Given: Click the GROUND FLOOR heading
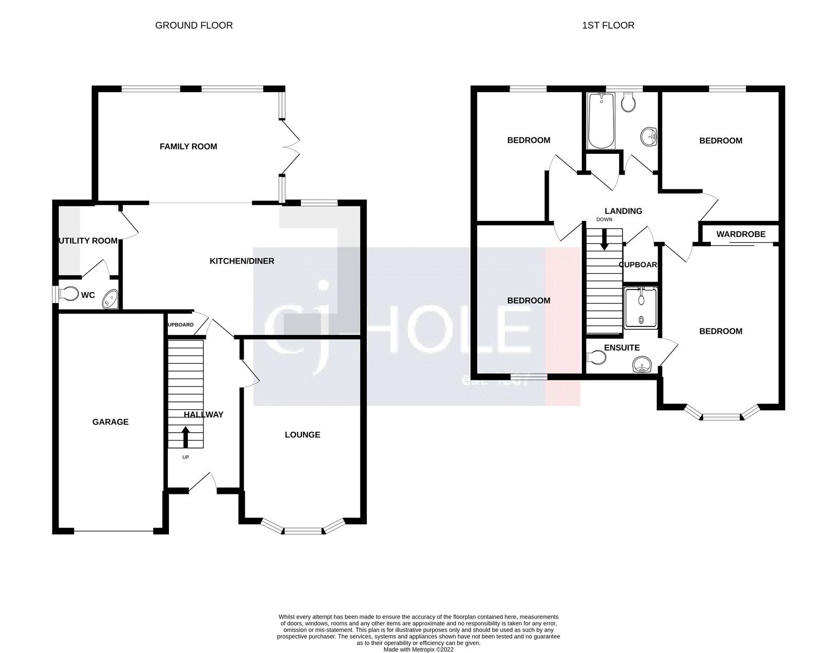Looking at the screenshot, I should pos(194,25).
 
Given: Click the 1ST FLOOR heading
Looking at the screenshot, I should pos(608,25).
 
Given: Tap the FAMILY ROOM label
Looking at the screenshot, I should pos(188,147).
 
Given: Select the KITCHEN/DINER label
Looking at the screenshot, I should pos(242,261).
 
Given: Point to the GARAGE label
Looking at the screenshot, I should pos(110,422).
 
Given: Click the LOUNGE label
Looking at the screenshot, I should pos(302,435).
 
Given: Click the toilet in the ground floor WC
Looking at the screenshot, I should pos(67,295).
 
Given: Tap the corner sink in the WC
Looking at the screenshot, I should pos(111,300).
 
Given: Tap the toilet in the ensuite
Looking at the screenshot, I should pos(597,357).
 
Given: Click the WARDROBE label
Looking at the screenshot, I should pos(741,234).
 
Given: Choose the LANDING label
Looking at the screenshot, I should pos(623,211).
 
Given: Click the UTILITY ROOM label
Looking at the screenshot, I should pos(88,241).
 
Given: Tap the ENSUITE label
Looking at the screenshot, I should pos(621,347).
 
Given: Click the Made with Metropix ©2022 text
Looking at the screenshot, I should pos(418,649).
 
